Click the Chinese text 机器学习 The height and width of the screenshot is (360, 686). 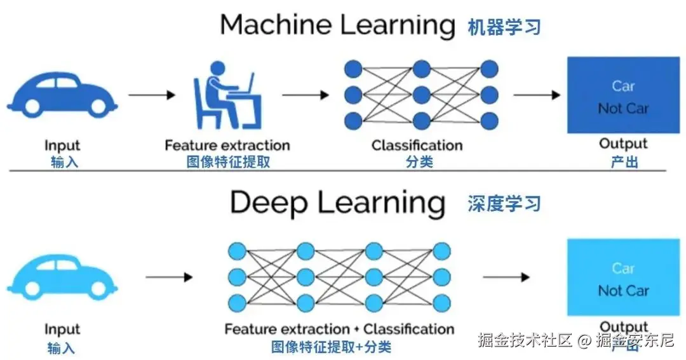pyautogui.click(x=504, y=27)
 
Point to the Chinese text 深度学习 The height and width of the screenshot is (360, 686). pyautogui.click(x=504, y=204)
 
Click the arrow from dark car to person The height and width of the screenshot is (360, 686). pyautogui.click(x=152, y=95)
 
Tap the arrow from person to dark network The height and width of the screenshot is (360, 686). pyautogui.click(x=306, y=95)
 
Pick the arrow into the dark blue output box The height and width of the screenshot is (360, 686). pyautogui.click(x=537, y=95)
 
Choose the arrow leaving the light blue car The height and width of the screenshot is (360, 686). pyautogui.click(x=169, y=277)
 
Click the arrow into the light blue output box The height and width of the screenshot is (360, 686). pyautogui.click(x=506, y=277)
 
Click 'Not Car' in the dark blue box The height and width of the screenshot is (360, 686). pyautogui.click(x=623, y=109)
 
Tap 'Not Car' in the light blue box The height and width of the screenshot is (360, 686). pyautogui.click(x=623, y=291)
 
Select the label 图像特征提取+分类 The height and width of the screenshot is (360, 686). pyautogui.click(x=331, y=347)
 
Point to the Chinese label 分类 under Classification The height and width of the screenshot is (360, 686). pyautogui.click(x=419, y=161)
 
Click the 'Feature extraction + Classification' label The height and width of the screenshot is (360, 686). pyautogui.click(x=339, y=330)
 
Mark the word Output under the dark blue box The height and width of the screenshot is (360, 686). pyautogui.click(x=623, y=144)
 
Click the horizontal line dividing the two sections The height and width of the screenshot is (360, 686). pyautogui.click(x=337, y=170)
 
